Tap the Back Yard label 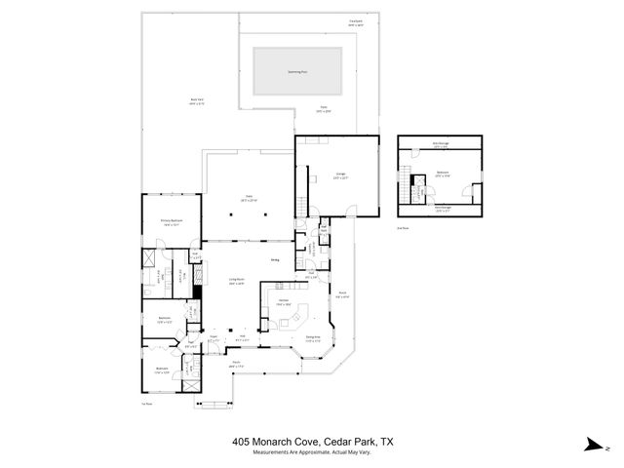coord(196,100)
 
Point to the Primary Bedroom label coord(173,221)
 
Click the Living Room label coord(236,282)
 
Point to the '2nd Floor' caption coord(402,227)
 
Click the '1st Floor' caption coord(146,402)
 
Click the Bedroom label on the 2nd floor coord(443,175)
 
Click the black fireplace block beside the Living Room coord(197,290)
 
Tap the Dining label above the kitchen coord(276,260)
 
